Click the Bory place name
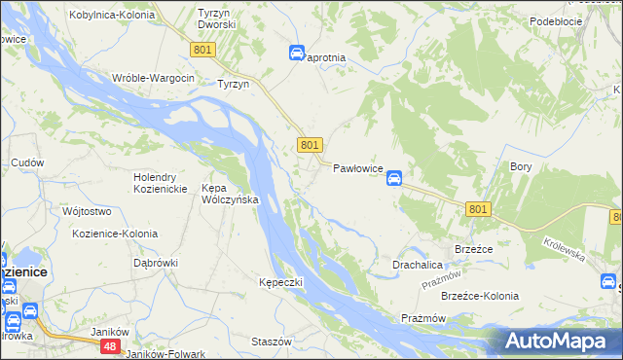click(x=521, y=166)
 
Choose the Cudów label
click(x=27, y=162)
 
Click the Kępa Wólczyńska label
click(x=229, y=194)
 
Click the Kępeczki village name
click(x=281, y=282)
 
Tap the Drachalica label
click(x=419, y=265)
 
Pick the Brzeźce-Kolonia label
click(x=480, y=296)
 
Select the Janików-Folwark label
click(x=165, y=354)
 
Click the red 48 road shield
click(x=112, y=345)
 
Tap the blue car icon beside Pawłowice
click(x=394, y=178)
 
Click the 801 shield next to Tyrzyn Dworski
click(x=202, y=50)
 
